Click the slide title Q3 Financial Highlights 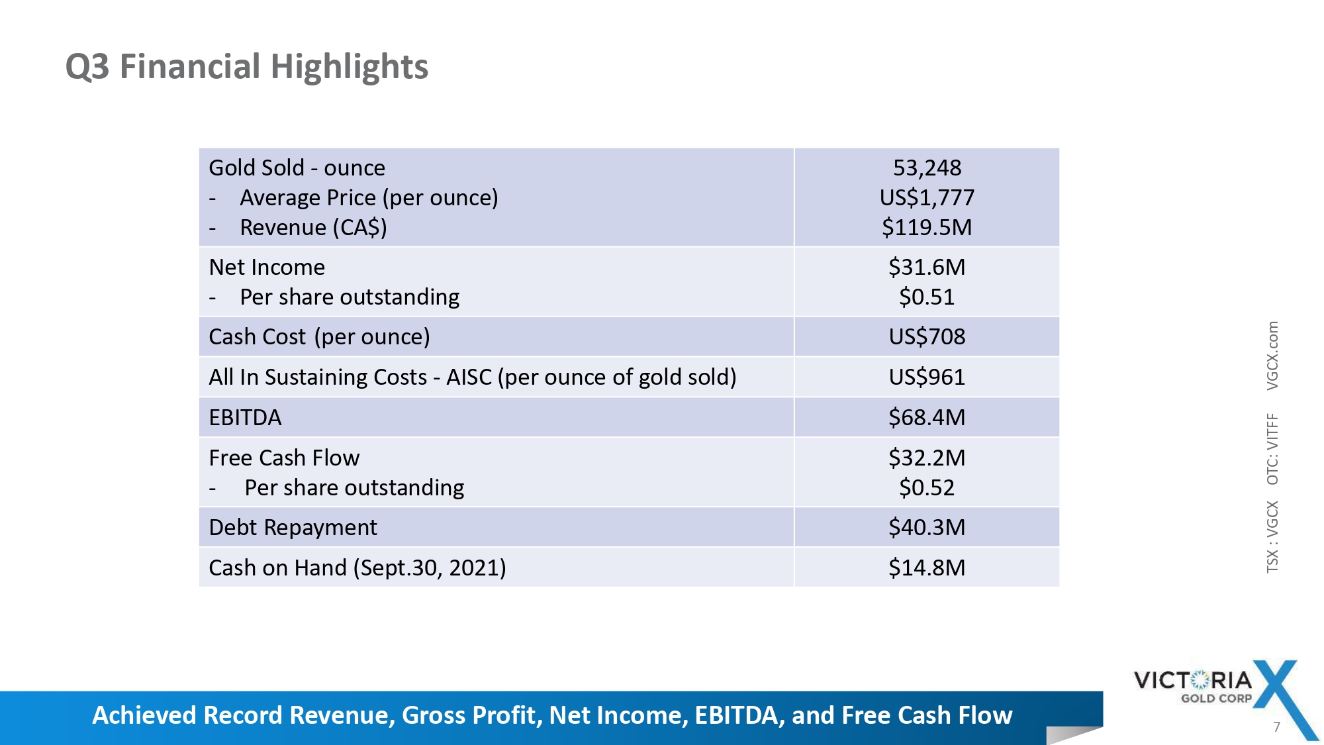point(246,67)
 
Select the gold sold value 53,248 point(927,168)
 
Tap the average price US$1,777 point(927,198)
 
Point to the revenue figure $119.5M point(927,228)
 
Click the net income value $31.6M point(927,268)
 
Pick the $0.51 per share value point(927,297)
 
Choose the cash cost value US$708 point(927,337)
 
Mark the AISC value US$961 point(927,377)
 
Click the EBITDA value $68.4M point(927,418)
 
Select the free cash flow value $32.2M point(927,458)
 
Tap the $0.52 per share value point(927,488)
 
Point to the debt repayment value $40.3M point(927,528)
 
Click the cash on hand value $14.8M point(927,568)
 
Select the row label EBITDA point(245,418)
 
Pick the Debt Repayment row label point(293,528)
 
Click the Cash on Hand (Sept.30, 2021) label point(357,568)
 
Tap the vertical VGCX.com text point(1272,356)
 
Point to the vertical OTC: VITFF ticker point(1272,449)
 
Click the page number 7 point(1276,727)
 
